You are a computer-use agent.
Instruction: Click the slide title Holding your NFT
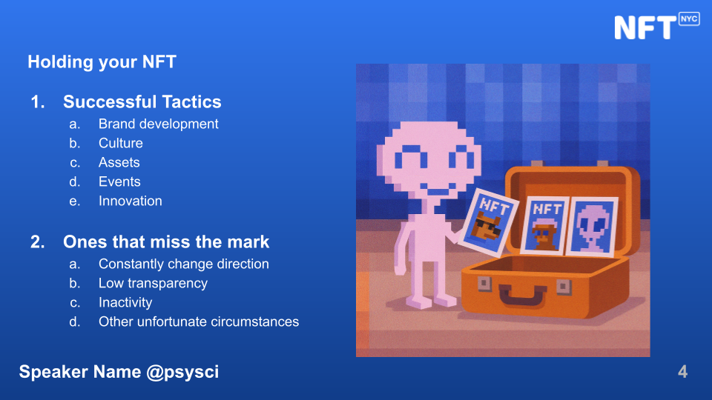102,62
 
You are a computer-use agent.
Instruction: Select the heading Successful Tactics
142,101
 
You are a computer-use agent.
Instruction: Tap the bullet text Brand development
159,124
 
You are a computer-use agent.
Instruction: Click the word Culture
121,143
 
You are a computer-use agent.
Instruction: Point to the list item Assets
119,162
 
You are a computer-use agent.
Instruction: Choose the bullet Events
119,181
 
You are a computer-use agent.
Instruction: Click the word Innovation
131,201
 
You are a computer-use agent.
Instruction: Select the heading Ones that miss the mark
166,241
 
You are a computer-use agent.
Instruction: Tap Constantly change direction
184,264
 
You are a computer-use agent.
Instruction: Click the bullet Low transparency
153,283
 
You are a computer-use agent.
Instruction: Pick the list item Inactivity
125,302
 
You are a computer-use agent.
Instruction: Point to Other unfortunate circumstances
199,321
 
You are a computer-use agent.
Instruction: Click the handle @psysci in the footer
182,372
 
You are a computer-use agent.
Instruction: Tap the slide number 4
682,372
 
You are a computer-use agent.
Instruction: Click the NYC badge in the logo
689,19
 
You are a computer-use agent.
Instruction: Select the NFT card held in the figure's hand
489,222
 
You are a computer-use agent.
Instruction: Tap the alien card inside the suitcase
593,227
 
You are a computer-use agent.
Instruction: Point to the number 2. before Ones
38,241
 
